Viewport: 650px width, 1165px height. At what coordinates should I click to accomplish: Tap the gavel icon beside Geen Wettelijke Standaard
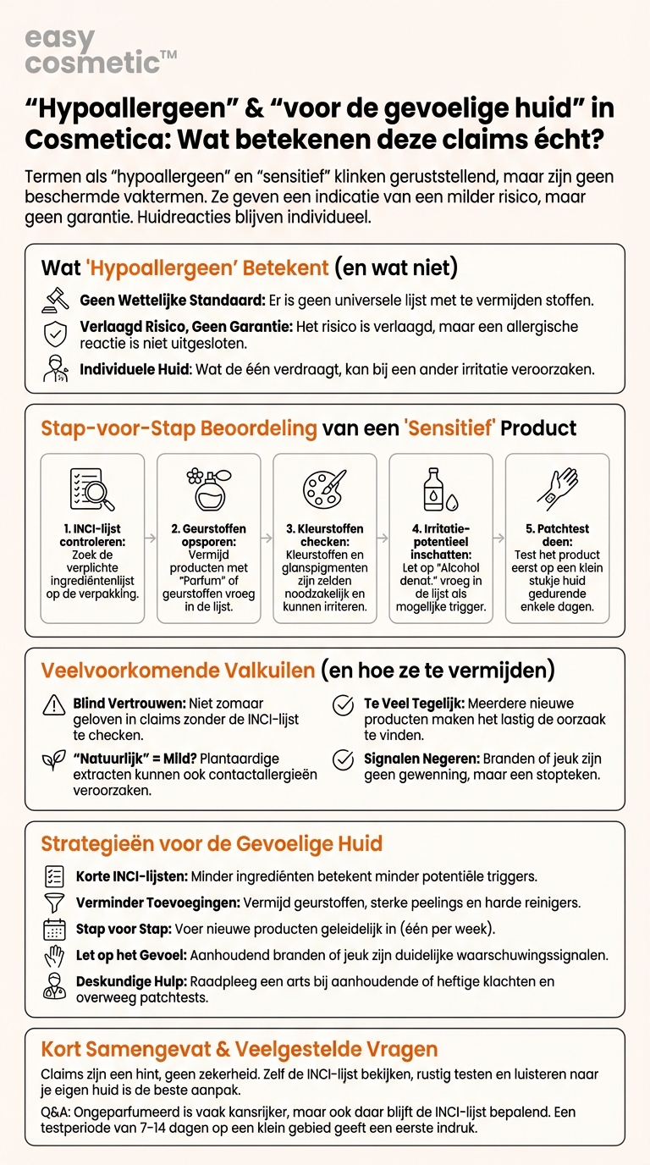[56, 301]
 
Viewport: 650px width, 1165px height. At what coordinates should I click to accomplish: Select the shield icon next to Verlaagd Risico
[56, 334]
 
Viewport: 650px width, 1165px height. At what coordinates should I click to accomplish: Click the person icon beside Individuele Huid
[56, 369]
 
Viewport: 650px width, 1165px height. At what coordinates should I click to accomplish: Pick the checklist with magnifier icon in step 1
[91, 489]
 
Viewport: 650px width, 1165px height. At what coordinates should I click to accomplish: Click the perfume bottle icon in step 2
[208, 489]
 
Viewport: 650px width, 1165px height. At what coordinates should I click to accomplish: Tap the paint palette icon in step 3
[324, 489]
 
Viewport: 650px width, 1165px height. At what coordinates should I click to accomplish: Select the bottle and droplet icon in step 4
[440, 489]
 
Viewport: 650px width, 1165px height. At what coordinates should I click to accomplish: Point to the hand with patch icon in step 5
[556, 489]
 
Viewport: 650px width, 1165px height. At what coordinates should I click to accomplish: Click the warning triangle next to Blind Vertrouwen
[54, 704]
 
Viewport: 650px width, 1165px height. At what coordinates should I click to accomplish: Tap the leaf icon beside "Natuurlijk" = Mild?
[54, 759]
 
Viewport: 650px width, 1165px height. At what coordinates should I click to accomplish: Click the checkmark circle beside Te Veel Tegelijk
[343, 704]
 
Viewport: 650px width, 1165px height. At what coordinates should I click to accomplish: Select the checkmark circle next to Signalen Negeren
[343, 759]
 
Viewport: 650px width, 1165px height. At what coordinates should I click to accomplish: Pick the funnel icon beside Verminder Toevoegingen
[54, 903]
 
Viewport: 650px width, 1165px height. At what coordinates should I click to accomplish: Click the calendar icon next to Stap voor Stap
[54, 930]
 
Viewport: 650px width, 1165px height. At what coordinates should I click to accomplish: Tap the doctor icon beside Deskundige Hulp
[54, 986]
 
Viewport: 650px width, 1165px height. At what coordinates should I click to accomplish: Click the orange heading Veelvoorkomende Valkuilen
[178, 671]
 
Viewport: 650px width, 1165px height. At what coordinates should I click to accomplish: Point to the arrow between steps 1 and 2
[150, 538]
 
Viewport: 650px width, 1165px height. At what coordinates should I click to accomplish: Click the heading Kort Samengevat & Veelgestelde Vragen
[240, 1050]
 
